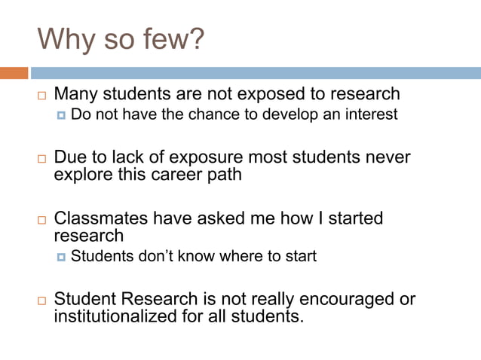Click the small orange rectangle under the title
point(14,73)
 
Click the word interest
point(370,114)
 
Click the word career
point(165,175)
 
